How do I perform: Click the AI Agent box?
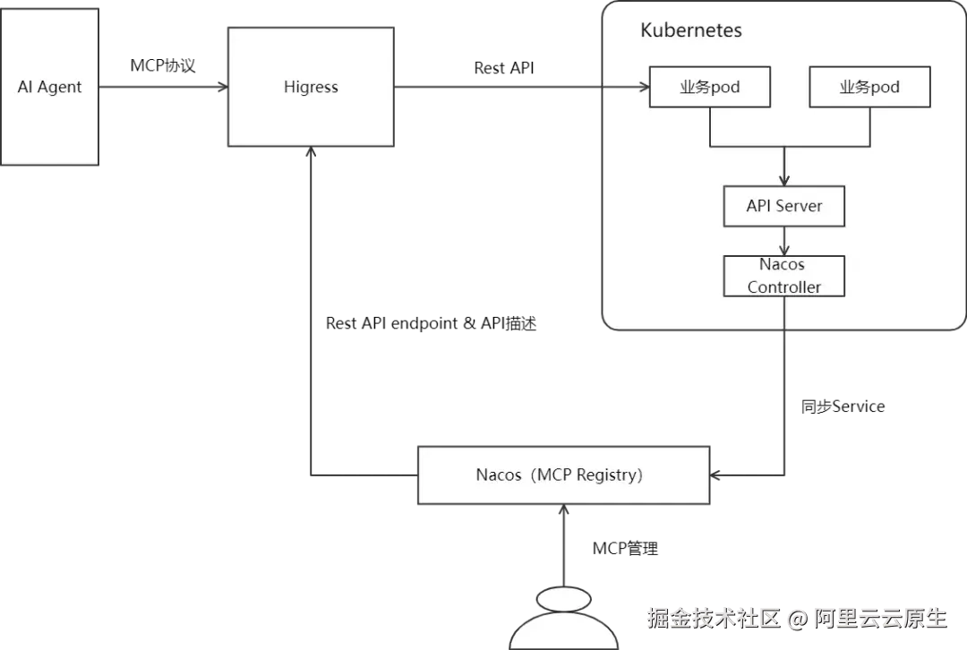(x=49, y=87)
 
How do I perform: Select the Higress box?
(x=311, y=87)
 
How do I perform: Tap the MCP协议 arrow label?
(x=163, y=65)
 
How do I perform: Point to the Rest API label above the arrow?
(x=504, y=68)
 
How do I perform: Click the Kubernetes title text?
(x=690, y=30)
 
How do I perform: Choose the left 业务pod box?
(x=710, y=87)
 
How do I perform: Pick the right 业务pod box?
(x=869, y=87)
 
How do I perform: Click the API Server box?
(x=783, y=206)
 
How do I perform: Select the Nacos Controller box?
(x=783, y=277)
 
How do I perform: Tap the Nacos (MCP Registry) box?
(x=564, y=475)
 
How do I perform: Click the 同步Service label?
(x=843, y=406)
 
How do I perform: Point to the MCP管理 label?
(x=625, y=548)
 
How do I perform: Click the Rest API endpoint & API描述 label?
(x=431, y=323)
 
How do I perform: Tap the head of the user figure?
(x=564, y=599)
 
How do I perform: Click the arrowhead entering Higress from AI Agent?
(x=223, y=87)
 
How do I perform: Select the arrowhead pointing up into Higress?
(x=311, y=151)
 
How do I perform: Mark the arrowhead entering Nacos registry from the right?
(x=715, y=475)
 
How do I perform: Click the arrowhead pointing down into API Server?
(x=783, y=180)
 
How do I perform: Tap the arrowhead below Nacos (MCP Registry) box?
(x=564, y=510)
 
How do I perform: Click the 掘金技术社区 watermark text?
(x=714, y=618)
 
